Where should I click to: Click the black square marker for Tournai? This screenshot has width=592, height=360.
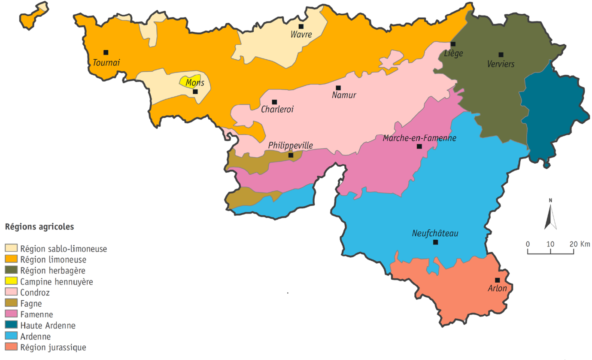pos(106,52)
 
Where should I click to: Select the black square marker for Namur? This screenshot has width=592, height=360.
pos(338,88)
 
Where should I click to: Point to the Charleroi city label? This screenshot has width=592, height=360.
pos(277,109)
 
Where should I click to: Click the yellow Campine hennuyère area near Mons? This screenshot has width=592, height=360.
pos(188,81)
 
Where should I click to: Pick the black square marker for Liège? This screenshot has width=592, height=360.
pos(453,44)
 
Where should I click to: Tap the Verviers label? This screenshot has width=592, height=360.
pos(501,64)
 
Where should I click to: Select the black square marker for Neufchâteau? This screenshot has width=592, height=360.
pos(435,242)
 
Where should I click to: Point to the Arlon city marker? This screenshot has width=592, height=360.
pos(498,280)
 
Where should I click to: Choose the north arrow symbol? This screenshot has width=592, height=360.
pos(550,215)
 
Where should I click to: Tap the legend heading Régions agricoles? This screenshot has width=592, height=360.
pos(39,226)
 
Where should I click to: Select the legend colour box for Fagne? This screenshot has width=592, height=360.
pos(11,304)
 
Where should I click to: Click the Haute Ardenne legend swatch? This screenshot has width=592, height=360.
pos(11,326)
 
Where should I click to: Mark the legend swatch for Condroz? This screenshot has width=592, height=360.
pos(11,293)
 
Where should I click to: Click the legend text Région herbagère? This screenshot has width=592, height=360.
pos(53,271)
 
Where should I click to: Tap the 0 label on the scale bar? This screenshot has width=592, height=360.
pos(528,244)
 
